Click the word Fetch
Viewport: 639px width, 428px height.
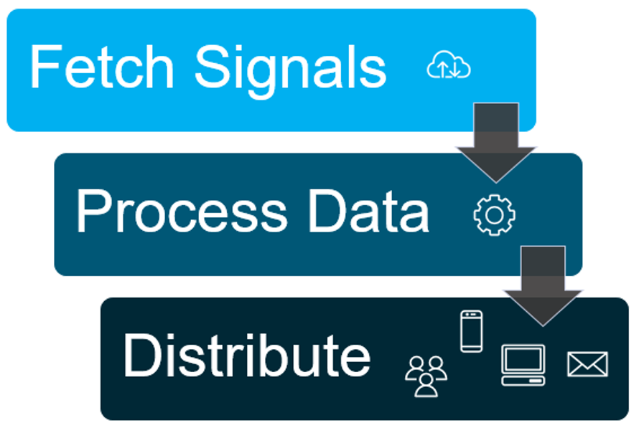102,67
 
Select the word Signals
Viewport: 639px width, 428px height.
291,71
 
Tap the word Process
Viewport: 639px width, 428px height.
182,211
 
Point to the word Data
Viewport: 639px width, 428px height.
368,211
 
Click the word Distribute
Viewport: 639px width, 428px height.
247,355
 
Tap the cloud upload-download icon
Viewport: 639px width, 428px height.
448,65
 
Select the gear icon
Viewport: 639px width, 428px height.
495,215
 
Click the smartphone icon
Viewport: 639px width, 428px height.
472,331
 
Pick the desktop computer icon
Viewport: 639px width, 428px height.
523,365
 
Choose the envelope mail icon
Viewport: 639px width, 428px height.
587,364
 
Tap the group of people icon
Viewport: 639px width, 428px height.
426,376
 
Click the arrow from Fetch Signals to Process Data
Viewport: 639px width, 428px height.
496,143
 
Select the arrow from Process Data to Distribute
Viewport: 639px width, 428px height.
543,286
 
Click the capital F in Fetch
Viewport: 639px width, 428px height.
46,67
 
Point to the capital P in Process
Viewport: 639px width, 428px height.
93,211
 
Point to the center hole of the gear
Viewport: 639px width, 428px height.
495,215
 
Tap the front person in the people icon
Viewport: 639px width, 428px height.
426,386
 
